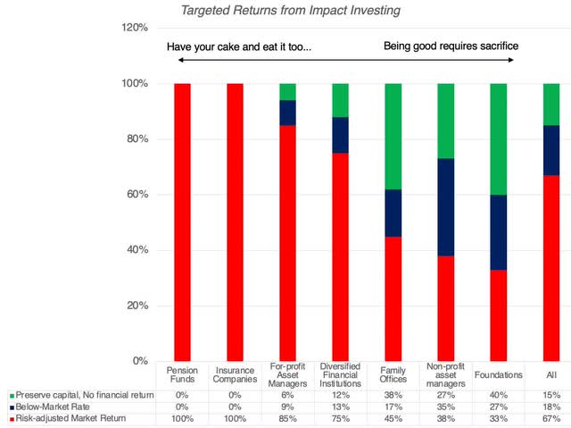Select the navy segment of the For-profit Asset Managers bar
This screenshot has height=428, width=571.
point(287,113)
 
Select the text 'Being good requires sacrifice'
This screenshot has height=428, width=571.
point(451,46)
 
